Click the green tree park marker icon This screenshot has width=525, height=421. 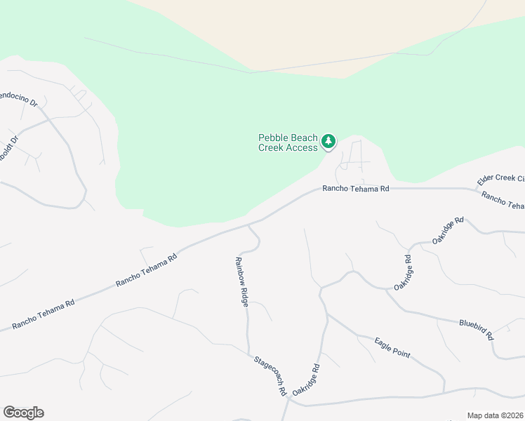click(x=328, y=142)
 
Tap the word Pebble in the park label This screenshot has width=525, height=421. click(x=272, y=138)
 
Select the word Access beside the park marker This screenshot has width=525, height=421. click(x=303, y=148)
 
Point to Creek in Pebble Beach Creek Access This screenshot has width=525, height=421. click(x=271, y=148)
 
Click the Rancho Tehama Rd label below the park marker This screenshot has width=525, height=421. click(x=355, y=189)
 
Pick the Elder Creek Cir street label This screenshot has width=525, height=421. click(x=500, y=180)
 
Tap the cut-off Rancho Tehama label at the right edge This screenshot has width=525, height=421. click(x=504, y=201)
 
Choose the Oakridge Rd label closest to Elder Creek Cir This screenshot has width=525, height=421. click(x=449, y=231)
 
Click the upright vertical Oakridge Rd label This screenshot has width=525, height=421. click(x=401, y=274)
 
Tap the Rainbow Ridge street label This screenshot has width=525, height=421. click(x=241, y=281)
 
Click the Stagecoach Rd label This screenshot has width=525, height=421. click(x=272, y=375)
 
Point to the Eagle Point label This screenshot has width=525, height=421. click(x=392, y=347)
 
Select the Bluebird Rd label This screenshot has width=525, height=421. click(x=477, y=328)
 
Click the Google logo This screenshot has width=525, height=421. click(x=24, y=413)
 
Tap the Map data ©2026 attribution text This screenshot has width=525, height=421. click(x=495, y=415)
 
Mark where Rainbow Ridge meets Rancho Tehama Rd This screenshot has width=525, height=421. click(x=247, y=227)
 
